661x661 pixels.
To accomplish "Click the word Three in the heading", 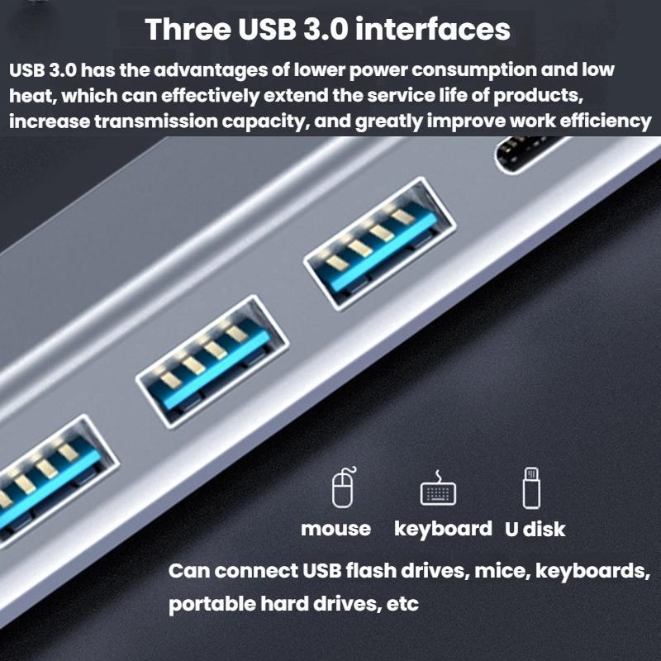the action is point(188,29).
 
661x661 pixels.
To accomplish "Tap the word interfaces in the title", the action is point(433,29).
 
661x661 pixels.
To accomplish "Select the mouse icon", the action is point(344,487).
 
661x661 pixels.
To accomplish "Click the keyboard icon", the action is point(438,489).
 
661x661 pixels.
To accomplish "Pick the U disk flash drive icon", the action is point(531,487).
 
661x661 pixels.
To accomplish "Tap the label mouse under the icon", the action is point(336,529).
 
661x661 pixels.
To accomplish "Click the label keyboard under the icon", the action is point(443,529).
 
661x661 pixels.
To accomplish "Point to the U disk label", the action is point(535,529).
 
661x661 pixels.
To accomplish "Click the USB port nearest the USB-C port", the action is point(380,244).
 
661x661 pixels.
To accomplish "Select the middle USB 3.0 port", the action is point(212,362).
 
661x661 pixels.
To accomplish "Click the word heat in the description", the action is point(33,96).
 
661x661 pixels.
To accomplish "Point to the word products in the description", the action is point(539,96).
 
